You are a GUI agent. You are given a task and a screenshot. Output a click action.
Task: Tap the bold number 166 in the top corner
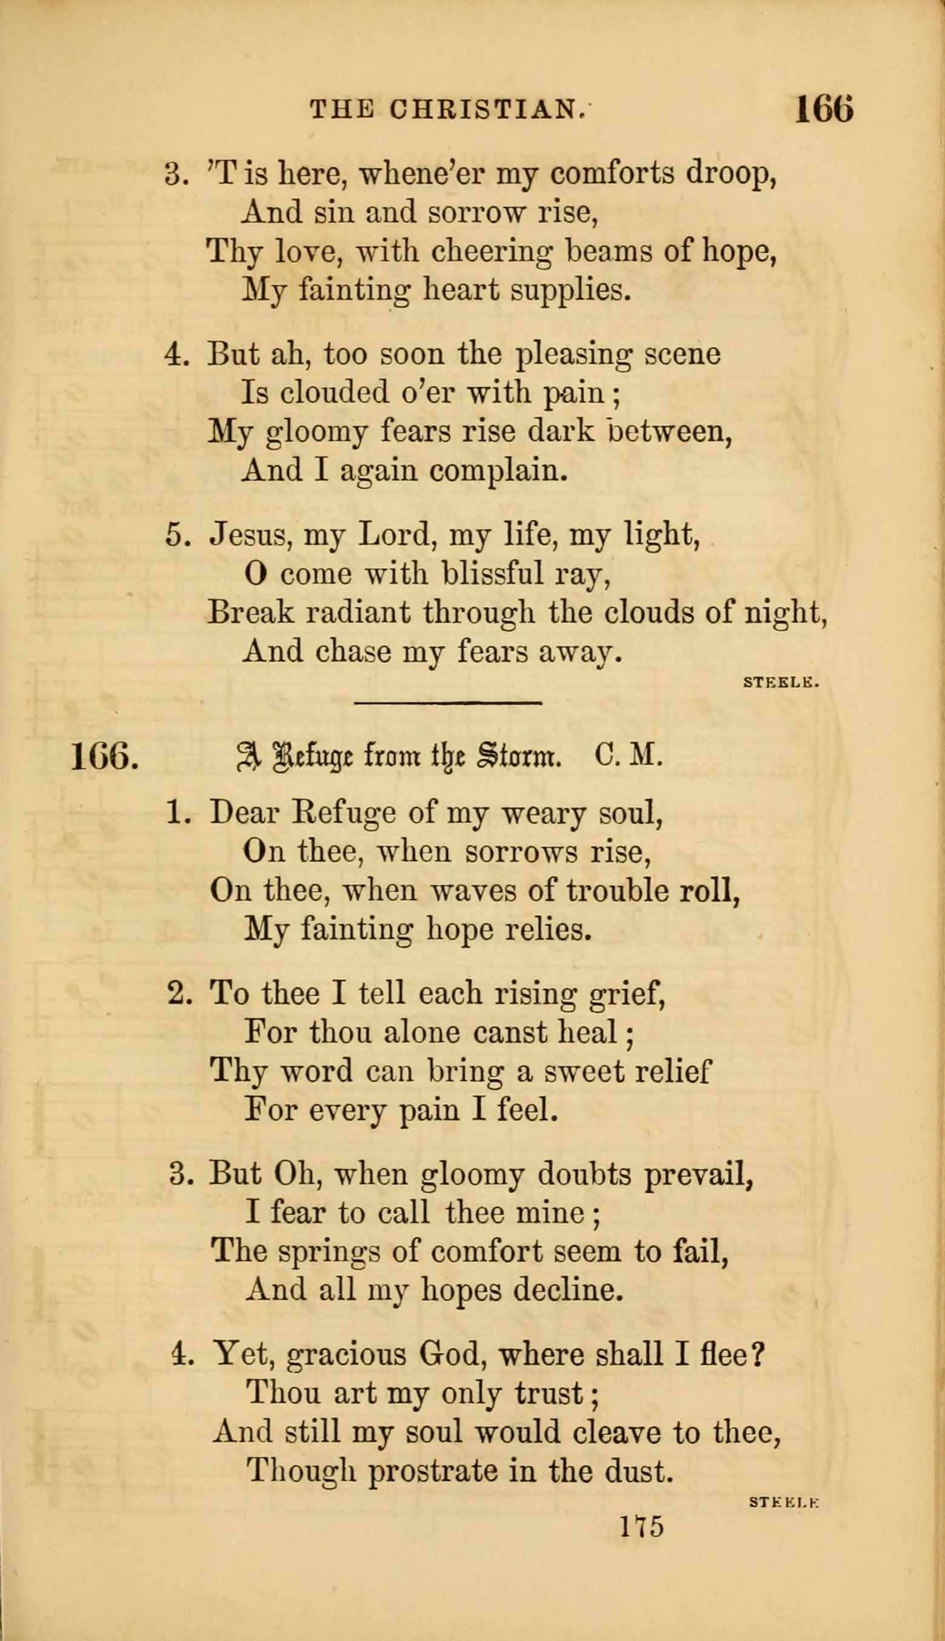click(823, 108)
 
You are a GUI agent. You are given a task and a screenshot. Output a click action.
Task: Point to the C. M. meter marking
click(627, 756)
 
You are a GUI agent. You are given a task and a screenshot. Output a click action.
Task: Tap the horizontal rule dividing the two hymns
click(448, 702)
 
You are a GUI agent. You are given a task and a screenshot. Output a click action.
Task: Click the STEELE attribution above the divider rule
click(782, 682)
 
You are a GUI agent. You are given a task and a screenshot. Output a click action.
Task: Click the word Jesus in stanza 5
click(247, 536)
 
